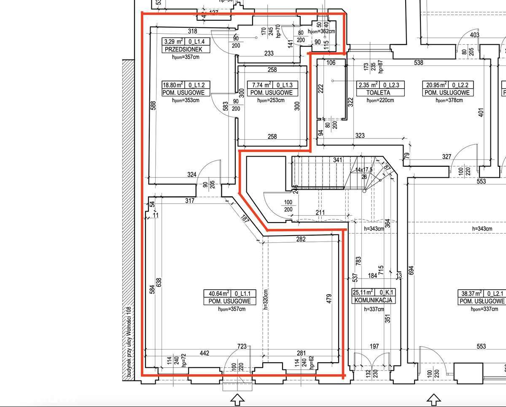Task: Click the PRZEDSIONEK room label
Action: (180, 49)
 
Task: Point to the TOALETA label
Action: (378, 92)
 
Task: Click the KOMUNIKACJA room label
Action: (374, 300)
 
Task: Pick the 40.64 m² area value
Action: (217, 293)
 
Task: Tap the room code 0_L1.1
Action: (243, 293)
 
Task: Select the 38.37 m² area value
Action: (471, 293)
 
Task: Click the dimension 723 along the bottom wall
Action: (242, 347)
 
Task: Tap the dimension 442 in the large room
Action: (204, 353)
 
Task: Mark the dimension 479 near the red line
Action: (329, 299)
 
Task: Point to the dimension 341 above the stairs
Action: (338, 160)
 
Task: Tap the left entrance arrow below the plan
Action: (237, 398)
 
